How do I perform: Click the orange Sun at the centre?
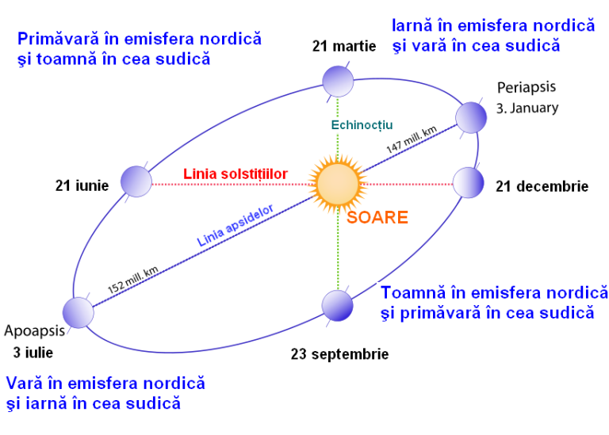point(338,184)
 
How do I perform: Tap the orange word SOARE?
point(377,217)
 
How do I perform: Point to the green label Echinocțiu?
point(362,125)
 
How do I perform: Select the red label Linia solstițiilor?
point(236,174)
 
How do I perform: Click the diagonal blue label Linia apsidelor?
point(236,225)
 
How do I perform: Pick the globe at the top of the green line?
point(338,81)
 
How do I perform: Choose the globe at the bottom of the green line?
point(337,305)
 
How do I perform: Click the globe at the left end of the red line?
point(136,181)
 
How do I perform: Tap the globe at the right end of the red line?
point(468,182)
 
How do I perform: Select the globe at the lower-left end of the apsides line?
point(79,312)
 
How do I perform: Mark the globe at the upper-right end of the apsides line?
point(471,117)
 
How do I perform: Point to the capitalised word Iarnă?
point(411,25)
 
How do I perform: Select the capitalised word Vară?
point(24,383)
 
